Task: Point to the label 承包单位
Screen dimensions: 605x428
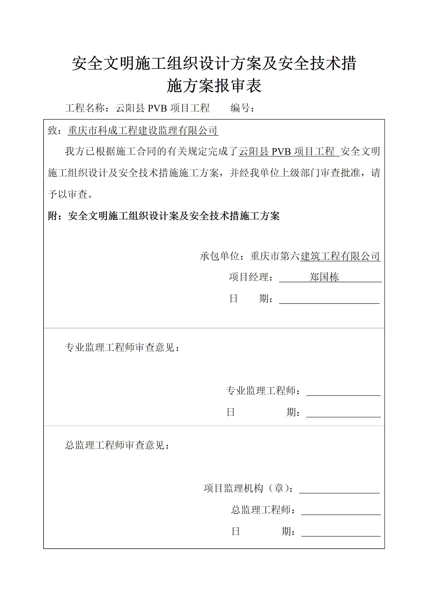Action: coord(219,256)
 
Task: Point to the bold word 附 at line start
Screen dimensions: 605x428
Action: coord(52,216)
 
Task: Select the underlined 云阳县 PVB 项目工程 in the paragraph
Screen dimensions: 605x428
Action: coord(289,152)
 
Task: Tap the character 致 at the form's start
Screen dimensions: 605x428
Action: coord(52,131)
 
